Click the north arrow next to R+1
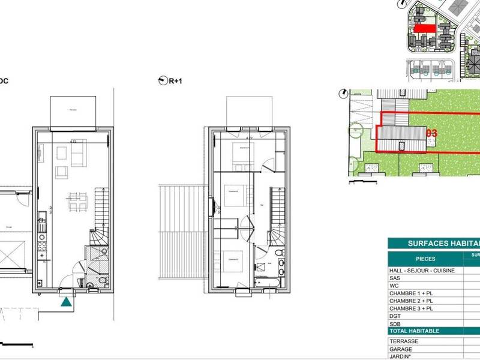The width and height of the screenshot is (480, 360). pyautogui.click(x=161, y=80)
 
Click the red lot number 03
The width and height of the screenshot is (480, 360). pyautogui.click(x=431, y=132)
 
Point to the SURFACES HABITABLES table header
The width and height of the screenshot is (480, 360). pyautogui.click(x=444, y=244)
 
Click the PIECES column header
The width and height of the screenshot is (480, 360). pyautogui.click(x=425, y=259)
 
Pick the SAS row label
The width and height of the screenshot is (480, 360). pyautogui.click(x=394, y=278)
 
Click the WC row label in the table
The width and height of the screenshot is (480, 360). pyautogui.click(x=394, y=286)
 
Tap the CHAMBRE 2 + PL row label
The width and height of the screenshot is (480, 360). pyautogui.click(x=410, y=301)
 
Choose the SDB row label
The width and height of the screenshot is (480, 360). pyautogui.click(x=395, y=323)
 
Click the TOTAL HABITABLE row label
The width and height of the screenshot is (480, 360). pyautogui.click(x=414, y=331)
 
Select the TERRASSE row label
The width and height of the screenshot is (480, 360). pyautogui.click(x=403, y=341)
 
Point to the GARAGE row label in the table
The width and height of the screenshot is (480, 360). pyautogui.click(x=401, y=349)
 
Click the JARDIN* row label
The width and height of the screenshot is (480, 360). pyautogui.click(x=400, y=356)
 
